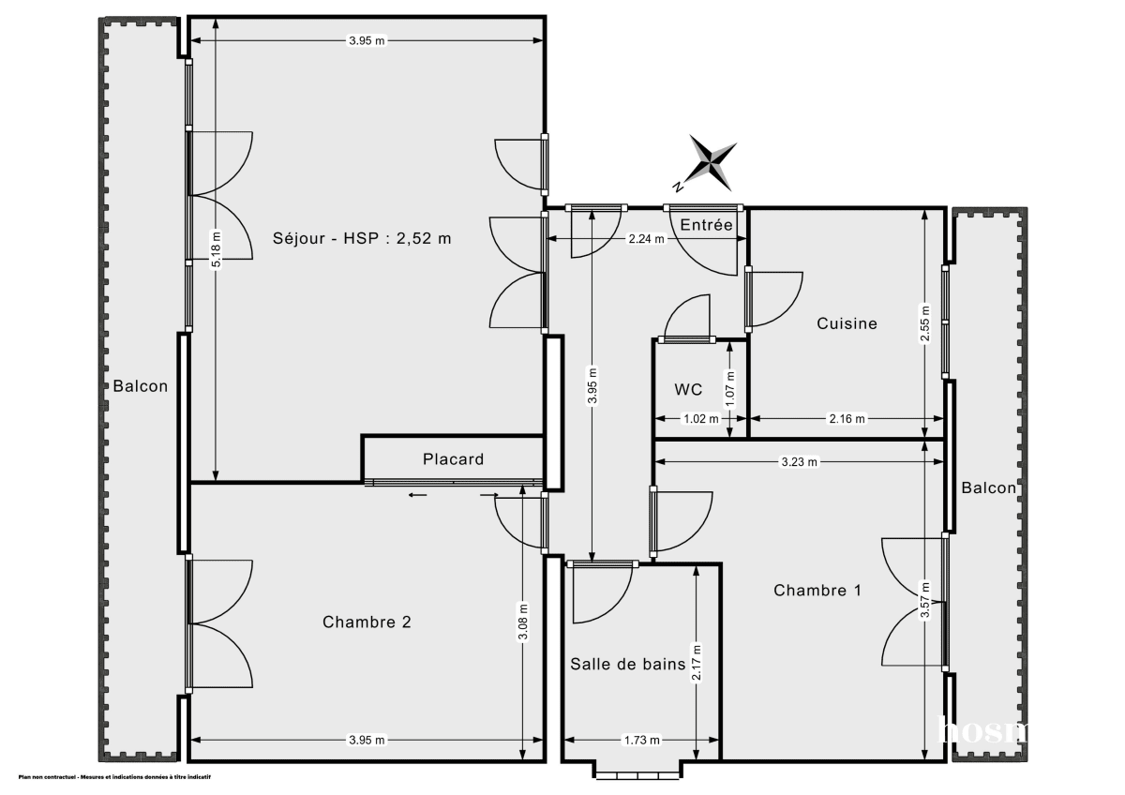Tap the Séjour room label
362,238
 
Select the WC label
688,389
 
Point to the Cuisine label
847,323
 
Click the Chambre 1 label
817,590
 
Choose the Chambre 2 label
367,622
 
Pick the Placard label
453,459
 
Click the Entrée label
706,225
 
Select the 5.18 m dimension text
216,249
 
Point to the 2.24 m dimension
646,238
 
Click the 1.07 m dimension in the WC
730,388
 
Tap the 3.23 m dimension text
800,461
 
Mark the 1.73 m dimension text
642,741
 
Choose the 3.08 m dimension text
522,622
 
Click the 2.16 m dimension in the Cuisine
847,418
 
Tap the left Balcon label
141,386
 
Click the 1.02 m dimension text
700,418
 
